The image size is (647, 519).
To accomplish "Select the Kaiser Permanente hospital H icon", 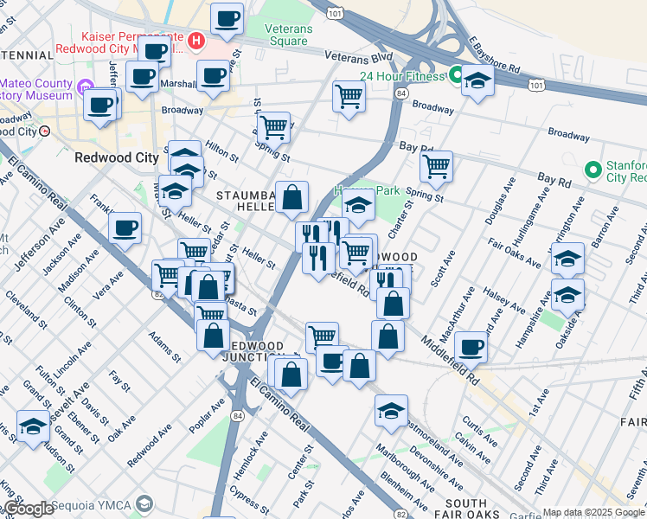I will tap(196, 40).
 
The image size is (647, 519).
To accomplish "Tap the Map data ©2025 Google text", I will tap(593, 512).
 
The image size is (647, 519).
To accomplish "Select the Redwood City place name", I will tap(111, 158).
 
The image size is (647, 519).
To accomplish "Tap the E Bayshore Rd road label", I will tap(496, 54).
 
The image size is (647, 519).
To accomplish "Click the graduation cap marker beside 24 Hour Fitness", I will tap(477, 81).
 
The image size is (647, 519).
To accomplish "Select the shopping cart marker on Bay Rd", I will tap(436, 165).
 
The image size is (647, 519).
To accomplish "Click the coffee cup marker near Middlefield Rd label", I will tap(471, 347).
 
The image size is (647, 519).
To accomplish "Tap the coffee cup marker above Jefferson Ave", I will tap(125, 228).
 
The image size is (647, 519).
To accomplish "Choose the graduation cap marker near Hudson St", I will tap(33, 426).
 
